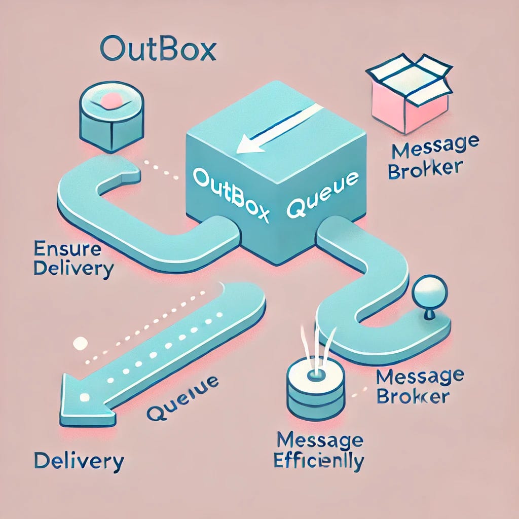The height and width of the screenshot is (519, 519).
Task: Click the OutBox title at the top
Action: click(x=158, y=51)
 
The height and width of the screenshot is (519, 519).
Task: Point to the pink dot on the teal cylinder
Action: click(x=110, y=101)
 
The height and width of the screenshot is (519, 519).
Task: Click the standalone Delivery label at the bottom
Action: click(x=78, y=461)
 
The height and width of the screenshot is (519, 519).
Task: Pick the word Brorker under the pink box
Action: click(x=425, y=169)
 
